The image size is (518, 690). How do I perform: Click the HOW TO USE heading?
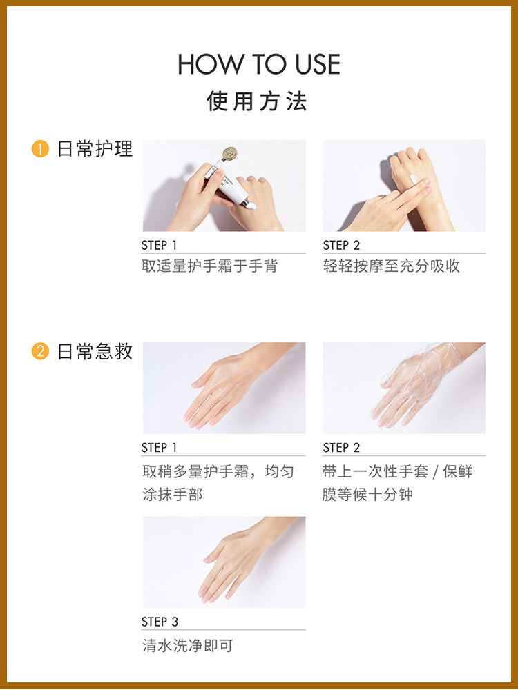tap(259, 64)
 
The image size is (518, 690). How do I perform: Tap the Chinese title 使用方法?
tap(257, 101)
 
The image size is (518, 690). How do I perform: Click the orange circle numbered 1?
tap(40, 149)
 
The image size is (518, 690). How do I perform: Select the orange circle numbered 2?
tap(40, 352)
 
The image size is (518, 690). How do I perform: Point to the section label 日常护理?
tap(95, 149)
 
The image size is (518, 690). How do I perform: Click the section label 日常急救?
tap(95, 352)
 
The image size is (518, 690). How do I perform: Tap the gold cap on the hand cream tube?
tap(229, 154)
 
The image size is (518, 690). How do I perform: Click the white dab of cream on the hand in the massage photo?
tap(414, 178)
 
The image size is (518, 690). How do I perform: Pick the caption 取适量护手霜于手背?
tap(210, 266)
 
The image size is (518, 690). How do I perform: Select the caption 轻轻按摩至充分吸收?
tap(392, 266)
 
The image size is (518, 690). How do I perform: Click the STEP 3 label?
tap(160, 622)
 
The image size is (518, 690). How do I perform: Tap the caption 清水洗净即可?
tap(187, 646)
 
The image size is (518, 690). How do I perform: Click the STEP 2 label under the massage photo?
tap(341, 245)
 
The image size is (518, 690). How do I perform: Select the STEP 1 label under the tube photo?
tap(159, 245)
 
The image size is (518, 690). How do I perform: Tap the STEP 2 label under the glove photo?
tap(341, 448)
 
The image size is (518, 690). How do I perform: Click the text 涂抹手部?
tap(172, 494)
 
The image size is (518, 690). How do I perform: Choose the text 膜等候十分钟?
tap(368, 494)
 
